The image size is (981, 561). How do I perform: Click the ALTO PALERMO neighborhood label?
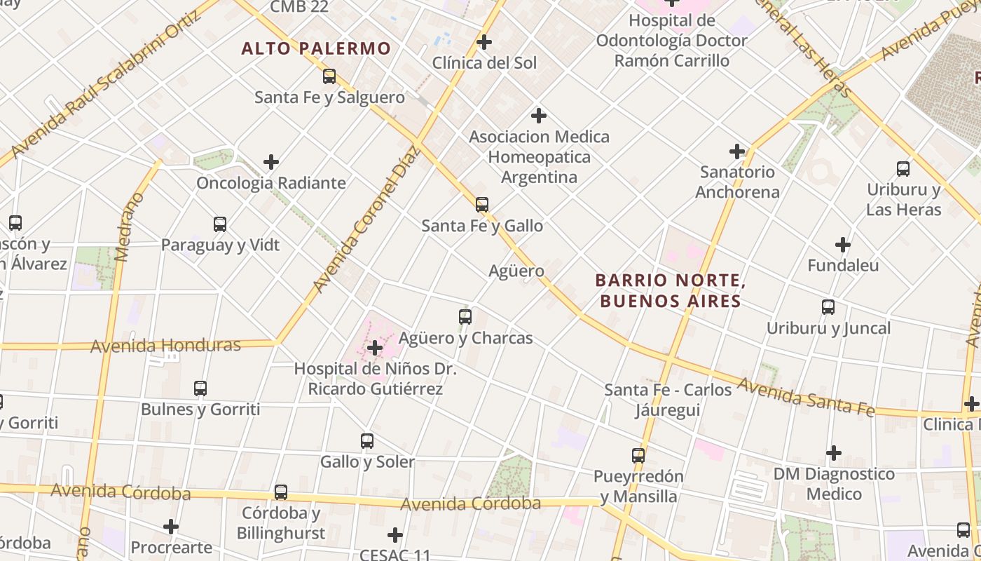tap(316, 48)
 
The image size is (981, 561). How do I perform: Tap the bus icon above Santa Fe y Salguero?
tap(329, 76)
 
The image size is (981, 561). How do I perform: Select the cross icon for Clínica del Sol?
tap(484, 42)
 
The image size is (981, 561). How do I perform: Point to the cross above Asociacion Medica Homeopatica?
tap(539, 115)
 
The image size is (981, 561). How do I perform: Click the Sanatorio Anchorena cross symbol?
tap(737, 151)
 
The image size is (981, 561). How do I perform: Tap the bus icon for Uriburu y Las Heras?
tap(903, 169)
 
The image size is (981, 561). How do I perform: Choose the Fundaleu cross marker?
tap(843, 245)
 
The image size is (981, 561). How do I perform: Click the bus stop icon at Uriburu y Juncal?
tap(828, 307)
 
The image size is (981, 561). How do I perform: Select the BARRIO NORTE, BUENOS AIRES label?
tap(668, 291)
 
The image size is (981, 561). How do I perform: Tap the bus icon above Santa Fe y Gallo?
tap(482, 205)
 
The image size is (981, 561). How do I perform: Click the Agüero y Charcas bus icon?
tap(465, 317)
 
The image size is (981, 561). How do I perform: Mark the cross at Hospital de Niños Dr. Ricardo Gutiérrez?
tap(375, 347)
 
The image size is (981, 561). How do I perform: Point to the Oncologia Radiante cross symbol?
tap(271, 162)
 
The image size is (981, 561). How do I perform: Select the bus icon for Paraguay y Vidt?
tap(220, 224)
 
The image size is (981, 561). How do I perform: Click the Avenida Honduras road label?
tap(166, 345)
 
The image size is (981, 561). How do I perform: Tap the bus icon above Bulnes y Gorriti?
tap(200, 388)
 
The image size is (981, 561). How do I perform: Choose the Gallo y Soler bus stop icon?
tap(367, 441)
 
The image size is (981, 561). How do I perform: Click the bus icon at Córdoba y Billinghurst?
tap(281, 492)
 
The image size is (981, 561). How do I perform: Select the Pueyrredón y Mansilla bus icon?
tap(638, 456)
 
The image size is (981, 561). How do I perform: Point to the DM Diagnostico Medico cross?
tap(833, 453)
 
